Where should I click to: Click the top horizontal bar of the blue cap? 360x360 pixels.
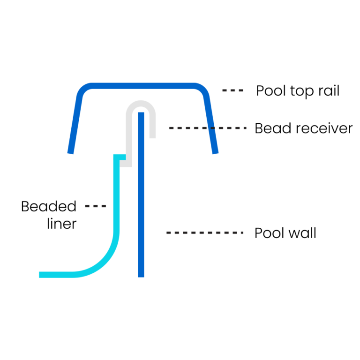click(141, 86)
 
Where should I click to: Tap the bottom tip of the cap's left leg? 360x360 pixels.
click(70, 151)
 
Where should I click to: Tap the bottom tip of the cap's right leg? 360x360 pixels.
click(215, 151)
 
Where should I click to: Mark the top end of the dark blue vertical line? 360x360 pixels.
click(141, 113)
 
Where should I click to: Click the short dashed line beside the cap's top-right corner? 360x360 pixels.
click(233, 90)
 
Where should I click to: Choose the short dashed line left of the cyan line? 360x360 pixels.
click(96, 206)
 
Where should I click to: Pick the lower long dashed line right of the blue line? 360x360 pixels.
click(205, 232)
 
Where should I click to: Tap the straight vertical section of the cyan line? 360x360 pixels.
click(116, 197)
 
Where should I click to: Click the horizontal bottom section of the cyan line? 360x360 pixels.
click(59, 275)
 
